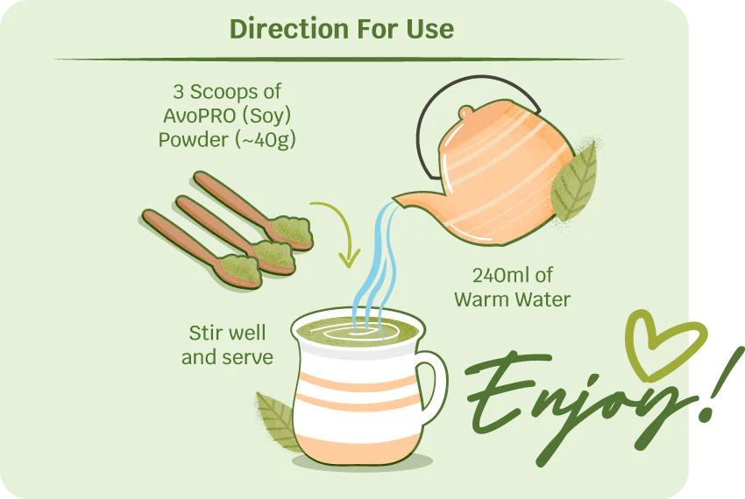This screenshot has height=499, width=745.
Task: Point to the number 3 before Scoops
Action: click(178, 92)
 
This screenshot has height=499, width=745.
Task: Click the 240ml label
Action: click(500, 275)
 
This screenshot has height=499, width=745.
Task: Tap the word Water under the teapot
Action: click(543, 299)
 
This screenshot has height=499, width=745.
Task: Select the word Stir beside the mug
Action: click(205, 333)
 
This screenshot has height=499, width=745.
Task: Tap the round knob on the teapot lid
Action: click(466, 113)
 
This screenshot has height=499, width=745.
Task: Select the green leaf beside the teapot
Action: click(574, 184)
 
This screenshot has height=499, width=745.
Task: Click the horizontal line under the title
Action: click(339, 60)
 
